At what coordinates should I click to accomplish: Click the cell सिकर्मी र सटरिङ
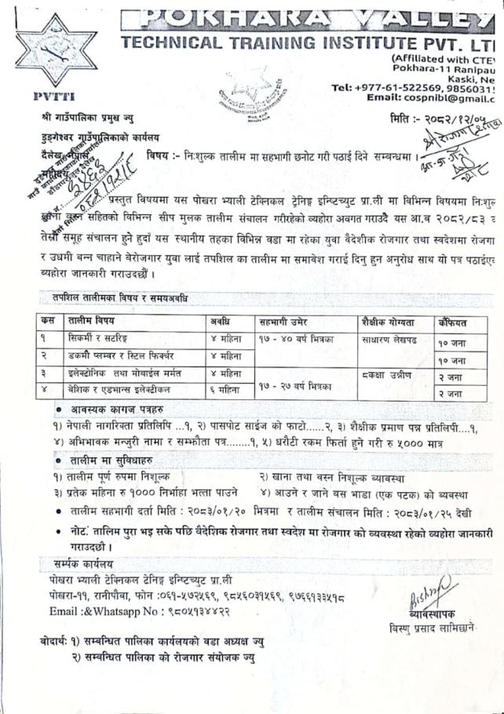[102, 340]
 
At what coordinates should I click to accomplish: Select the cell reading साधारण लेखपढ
[395, 340]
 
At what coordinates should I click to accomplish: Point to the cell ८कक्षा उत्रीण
[390, 374]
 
